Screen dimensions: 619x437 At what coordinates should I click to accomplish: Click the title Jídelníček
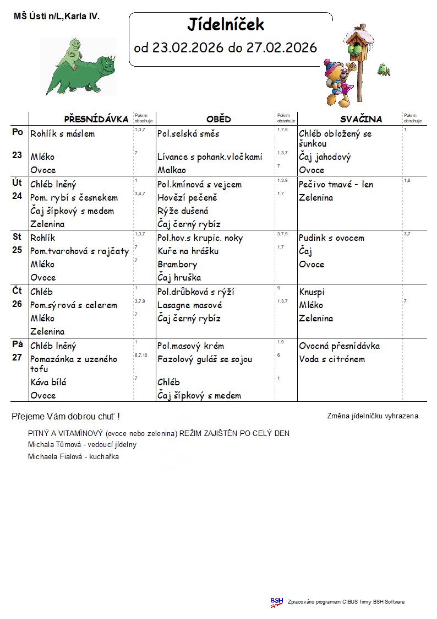(x=226, y=25)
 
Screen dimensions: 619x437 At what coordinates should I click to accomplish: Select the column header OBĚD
(x=218, y=119)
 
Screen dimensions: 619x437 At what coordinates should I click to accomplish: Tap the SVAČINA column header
(x=360, y=119)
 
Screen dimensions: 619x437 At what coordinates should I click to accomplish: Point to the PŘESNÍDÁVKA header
(x=96, y=119)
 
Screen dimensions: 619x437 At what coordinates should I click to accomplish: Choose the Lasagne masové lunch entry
(x=190, y=305)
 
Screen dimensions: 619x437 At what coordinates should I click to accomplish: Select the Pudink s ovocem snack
(x=331, y=238)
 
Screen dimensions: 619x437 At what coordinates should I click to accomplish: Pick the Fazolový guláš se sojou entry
(x=205, y=359)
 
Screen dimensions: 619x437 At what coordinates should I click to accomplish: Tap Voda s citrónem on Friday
(x=332, y=359)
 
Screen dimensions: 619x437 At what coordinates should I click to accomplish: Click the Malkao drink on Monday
(x=172, y=170)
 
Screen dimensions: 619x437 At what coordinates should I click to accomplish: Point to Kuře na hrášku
(x=188, y=251)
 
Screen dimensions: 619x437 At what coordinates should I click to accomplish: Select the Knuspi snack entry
(x=312, y=292)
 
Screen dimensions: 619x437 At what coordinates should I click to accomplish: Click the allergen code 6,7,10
(x=141, y=356)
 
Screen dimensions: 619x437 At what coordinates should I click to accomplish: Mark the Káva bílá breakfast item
(x=48, y=383)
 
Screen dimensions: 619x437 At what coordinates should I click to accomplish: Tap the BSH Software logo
(x=276, y=602)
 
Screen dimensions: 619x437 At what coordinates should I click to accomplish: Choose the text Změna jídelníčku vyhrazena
(x=374, y=416)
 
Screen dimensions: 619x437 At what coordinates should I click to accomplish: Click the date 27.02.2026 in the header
(x=282, y=48)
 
